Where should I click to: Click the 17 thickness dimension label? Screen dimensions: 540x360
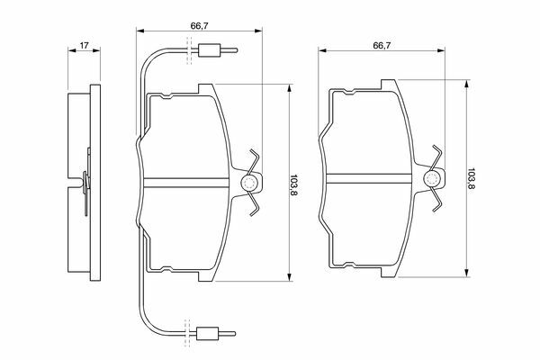coord(85,45)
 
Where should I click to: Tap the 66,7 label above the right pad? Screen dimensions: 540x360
coord(382,46)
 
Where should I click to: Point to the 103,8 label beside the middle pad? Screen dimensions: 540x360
coord(293,185)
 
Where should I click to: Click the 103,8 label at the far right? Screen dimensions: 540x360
coord(471,179)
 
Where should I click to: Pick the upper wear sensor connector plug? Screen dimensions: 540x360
coord(209,50)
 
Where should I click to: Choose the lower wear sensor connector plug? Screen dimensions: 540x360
coord(207,334)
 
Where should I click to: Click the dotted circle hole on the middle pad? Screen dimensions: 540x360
coord(249,183)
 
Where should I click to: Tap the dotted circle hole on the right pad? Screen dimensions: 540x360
coord(431,179)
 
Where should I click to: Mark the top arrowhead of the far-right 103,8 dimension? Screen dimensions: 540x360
coord(467,84)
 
